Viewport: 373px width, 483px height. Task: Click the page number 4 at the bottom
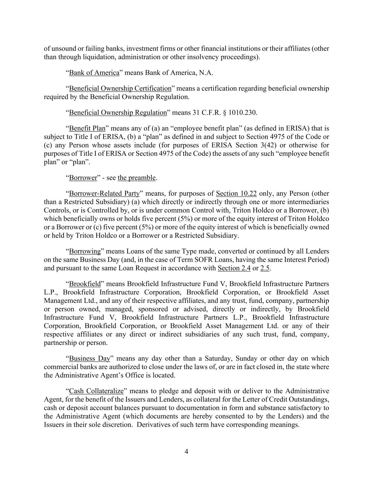[x=186, y=452]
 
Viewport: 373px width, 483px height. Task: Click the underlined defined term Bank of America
[x=94, y=73]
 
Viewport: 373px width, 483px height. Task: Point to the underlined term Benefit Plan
[x=87, y=128]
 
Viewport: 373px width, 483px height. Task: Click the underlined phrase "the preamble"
[x=136, y=178]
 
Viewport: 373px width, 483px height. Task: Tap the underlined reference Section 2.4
[x=234, y=268]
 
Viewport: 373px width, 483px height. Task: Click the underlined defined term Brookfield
[x=84, y=284]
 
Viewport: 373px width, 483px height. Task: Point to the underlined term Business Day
[x=89, y=358]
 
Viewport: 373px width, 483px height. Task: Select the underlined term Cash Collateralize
[x=96, y=391]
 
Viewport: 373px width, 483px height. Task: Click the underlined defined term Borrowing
[x=84, y=251]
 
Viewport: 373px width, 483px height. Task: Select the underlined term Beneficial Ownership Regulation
[x=118, y=113]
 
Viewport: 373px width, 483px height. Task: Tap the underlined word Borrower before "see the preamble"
[x=83, y=178]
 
